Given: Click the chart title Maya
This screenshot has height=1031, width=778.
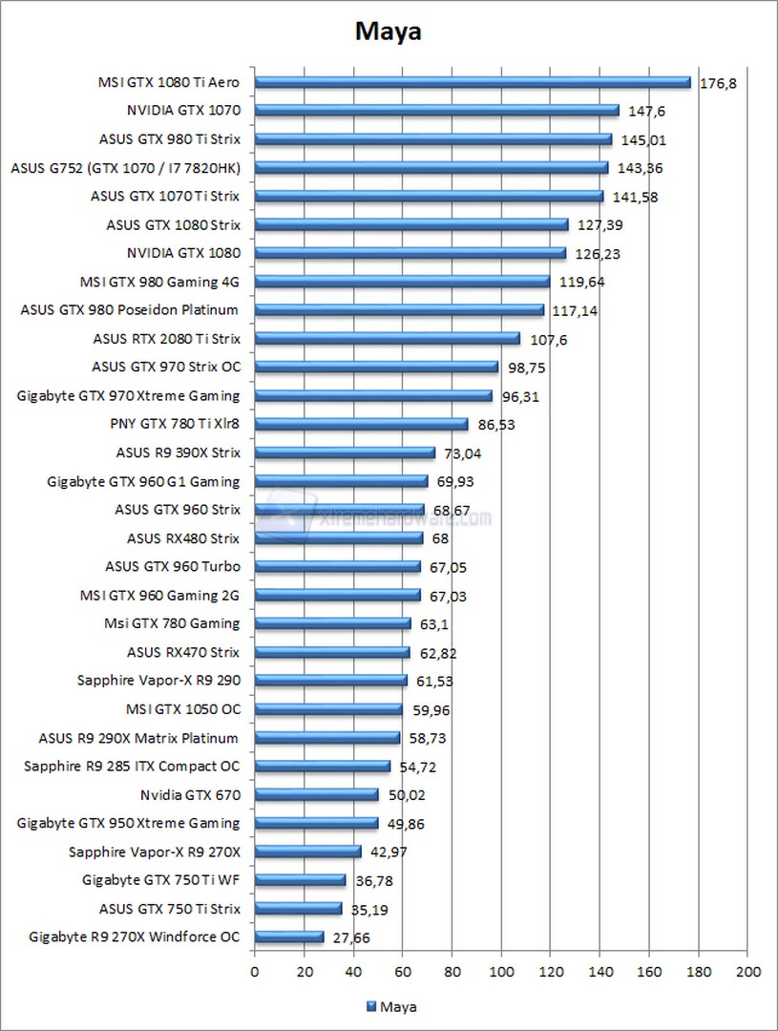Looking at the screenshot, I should pos(389,32).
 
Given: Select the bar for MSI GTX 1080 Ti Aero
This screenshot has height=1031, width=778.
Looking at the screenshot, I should pos(473,82).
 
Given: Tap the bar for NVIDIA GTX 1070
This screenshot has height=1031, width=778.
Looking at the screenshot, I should pos(436,111).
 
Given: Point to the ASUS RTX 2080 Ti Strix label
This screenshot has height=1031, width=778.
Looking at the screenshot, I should pos(167,338).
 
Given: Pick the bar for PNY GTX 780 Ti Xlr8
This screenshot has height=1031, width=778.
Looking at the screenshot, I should pos(361,424).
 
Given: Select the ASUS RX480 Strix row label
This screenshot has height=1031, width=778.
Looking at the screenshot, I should pos(183,538).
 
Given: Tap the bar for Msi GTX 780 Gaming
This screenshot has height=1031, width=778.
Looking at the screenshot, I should pos(332,623).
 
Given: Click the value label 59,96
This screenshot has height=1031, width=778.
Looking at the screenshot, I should pos(431,710).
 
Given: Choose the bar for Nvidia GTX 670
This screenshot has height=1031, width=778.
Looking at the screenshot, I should pos(316,794).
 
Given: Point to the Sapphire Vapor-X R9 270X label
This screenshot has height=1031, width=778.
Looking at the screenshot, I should pos(155,852).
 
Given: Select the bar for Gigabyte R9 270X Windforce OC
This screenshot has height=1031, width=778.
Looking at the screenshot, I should pos(289,937).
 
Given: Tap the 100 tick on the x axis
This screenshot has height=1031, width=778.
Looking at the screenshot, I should pos(500,972).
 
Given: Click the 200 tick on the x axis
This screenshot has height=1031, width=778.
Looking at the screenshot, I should pos(747,972).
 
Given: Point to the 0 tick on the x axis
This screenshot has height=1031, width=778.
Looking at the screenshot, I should pos(254,972).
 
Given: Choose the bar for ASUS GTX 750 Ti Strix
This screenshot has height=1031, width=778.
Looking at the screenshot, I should pos(298,909).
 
